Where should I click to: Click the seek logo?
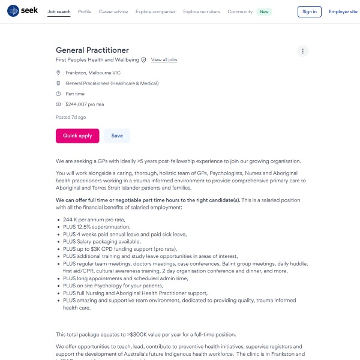pos(22,11)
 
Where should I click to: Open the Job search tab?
pos(59,11)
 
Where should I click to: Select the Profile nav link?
pos(85,11)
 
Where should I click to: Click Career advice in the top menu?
pos(113,11)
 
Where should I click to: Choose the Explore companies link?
pos(155,11)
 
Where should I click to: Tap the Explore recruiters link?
pos(202,11)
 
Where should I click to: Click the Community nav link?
pos(239,11)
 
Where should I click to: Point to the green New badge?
pos(264,11)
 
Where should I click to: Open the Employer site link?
pos(343,11)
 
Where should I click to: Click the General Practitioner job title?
pos(92,50)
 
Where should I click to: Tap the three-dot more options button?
pos(303,51)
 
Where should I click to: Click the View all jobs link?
pos(164,60)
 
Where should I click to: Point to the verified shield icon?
pos(143,60)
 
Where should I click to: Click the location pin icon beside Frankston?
pos(58,73)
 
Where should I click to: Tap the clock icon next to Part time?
pos(58,94)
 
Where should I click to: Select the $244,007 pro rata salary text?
pos(85,104)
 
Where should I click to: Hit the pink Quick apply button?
pos(77,136)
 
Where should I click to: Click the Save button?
pos(117,136)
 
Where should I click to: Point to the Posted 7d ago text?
pos(71,117)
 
